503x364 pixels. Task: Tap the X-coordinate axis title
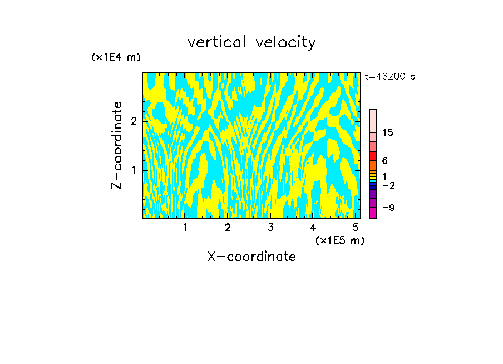pos(251,257)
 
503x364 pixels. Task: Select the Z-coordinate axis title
pos(117,145)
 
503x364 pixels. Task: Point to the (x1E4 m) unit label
pos(116,57)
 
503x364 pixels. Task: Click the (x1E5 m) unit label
pos(339,240)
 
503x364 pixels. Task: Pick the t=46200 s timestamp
pos(389,77)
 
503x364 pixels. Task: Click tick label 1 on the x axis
pos(185,227)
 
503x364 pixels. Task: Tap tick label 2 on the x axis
pos(228,227)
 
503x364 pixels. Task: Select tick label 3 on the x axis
pos(270,227)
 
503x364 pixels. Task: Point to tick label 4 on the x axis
pos(313,227)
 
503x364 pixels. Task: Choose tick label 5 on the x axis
pos(356,227)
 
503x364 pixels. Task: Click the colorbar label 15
pos(388,132)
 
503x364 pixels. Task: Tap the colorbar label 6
pos(385,161)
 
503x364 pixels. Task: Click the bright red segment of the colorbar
pos(373,156)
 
